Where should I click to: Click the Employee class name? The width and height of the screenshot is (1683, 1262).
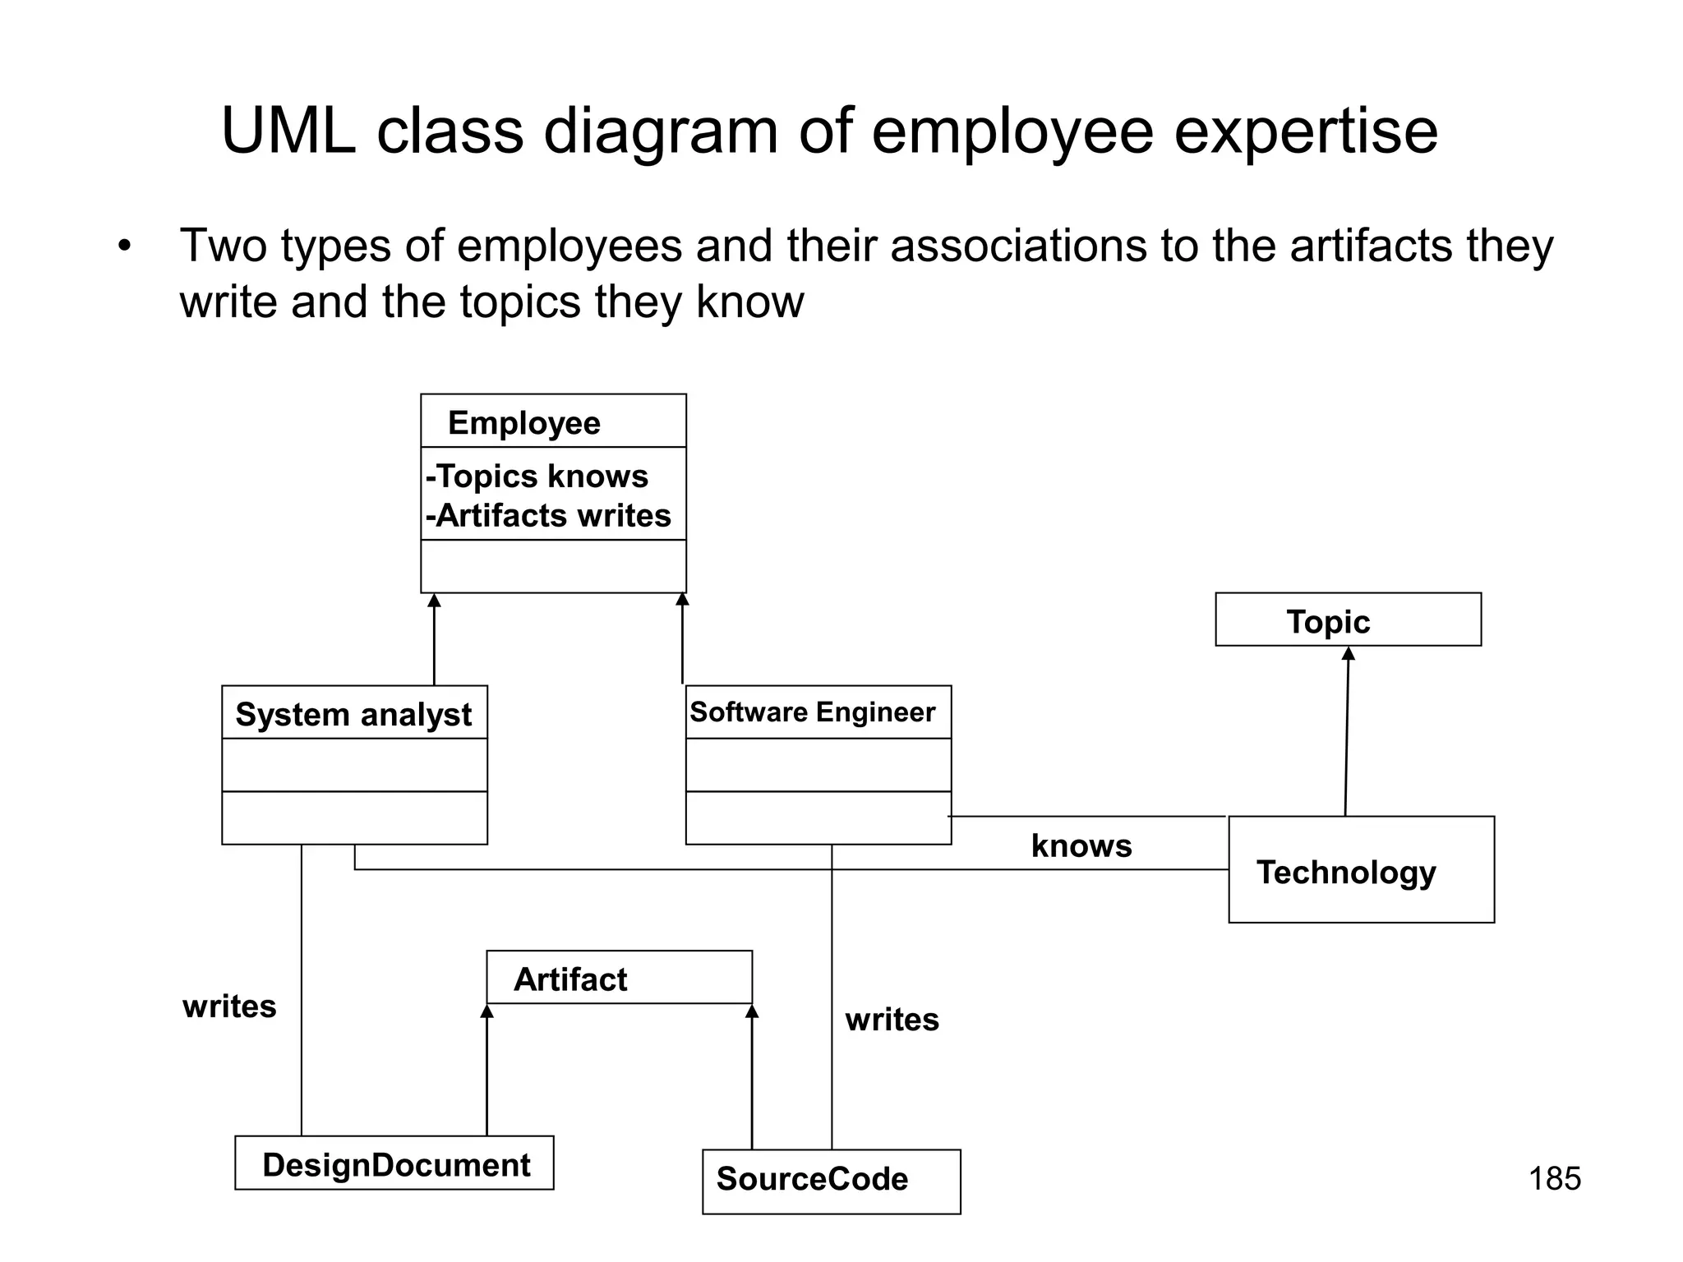click(523, 423)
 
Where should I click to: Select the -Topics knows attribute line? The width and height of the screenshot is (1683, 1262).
click(537, 477)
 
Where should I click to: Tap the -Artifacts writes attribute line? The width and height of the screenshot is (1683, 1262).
click(548, 516)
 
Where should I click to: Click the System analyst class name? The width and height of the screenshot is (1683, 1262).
click(353, 714)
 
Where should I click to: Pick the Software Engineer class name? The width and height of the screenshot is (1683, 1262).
click(812, 712)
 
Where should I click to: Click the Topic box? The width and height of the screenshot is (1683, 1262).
click(1348, 620)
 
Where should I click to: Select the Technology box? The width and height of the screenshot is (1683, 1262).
click(1361, 870)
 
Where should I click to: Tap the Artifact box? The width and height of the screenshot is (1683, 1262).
click(619, 978)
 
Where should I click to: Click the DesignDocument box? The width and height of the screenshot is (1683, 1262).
click(394, 1163)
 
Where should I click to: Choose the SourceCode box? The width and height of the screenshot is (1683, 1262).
click(831, 1181)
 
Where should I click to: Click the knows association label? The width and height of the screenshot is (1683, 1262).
click(1081, 846)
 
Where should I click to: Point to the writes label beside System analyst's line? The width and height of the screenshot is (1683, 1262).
click(229, 1006)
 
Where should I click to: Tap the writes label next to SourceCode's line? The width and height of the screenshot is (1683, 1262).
click(892, 1020)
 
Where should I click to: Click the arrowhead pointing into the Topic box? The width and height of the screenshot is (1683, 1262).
click(1348, 654)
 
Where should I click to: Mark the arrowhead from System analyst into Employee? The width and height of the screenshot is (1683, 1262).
click(434, 601)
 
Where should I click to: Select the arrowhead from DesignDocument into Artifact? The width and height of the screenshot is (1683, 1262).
click(486, 1011)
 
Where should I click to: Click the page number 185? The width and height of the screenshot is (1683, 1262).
click(1554, 1178)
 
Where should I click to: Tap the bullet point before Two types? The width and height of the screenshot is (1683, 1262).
click(124, 246)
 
